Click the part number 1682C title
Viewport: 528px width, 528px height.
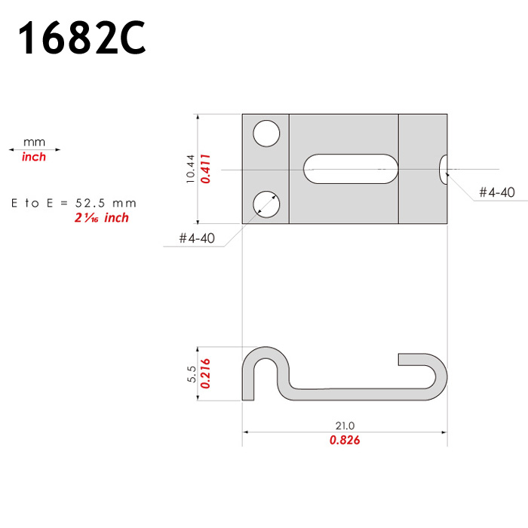tap(81, 37)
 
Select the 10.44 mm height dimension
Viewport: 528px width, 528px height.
tap(191, 169)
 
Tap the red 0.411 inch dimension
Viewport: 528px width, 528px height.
tap(205, 169)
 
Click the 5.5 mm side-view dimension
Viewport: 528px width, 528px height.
tap(192, 374)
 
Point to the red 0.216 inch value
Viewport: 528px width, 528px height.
tap(205, 373)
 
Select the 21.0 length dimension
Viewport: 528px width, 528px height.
tap(345, 426)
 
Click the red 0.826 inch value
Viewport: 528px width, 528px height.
tap(345, 440)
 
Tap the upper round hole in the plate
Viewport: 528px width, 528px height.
tap(266, 134)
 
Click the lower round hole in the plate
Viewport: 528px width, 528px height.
tap(266, 204)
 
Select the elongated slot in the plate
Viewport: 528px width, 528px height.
tap(351, 169)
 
